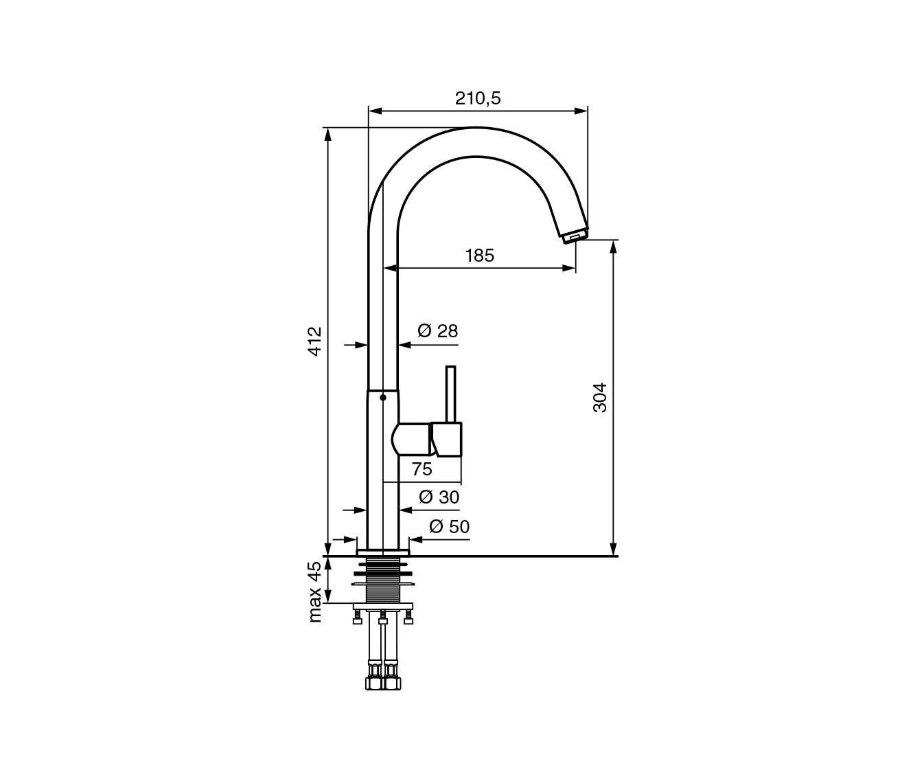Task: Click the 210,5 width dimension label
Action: click(478, 98)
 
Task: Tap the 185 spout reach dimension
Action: click(480, 256)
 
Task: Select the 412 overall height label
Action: click(315, 341)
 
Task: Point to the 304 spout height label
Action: click(599, 398)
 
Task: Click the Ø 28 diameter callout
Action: click(438, 331)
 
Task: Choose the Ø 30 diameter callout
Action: click(439, 497)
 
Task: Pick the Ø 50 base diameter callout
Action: click(449, 527)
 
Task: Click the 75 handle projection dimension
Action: click(421, 469)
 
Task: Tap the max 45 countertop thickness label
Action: click(315, 592)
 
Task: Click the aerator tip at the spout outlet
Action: click(575, 235)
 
